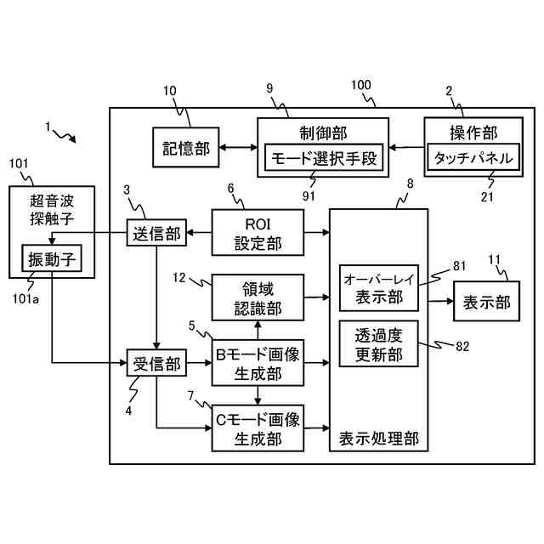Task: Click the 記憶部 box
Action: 186,147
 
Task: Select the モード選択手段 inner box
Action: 324,157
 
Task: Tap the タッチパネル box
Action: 473,157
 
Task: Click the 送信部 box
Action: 156,232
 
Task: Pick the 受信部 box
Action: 156,363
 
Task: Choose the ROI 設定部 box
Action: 258,232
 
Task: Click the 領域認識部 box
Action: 258,297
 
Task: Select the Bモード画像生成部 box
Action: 258,363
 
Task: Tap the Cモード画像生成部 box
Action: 258,428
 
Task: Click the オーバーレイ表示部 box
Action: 379,288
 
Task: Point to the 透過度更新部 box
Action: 379,343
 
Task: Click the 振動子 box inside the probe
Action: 52,258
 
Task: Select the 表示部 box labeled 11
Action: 486,301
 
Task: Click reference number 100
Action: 361,85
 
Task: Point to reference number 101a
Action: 25,298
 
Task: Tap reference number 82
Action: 462,346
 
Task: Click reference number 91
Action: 309,196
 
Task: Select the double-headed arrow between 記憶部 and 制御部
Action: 238,147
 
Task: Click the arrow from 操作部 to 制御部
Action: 406,147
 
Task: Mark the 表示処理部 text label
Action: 379,439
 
